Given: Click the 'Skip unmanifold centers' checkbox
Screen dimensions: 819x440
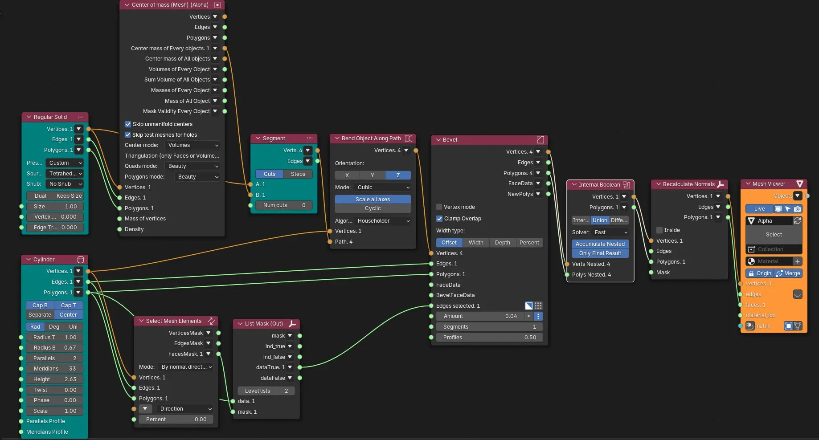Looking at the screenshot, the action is (128, 124).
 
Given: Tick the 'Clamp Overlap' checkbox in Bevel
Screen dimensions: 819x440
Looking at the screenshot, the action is (439, 219).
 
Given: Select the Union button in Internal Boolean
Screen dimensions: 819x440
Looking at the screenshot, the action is (600, 220).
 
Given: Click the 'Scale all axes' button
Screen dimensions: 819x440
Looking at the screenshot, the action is (373, 200).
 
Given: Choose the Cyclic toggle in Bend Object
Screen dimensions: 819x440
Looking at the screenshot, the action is (373, 208).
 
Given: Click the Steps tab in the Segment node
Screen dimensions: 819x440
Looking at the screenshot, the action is (298, 174).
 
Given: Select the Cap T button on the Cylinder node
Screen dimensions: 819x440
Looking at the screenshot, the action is (68, 306).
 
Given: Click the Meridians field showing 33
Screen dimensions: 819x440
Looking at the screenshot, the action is (54, 369).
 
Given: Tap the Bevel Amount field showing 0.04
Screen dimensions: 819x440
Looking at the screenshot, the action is (480, 316).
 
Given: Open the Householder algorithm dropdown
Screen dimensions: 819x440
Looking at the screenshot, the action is (383, 221).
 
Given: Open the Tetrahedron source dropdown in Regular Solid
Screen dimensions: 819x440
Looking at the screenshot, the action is (65, 174).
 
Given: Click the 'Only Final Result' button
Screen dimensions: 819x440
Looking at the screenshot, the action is (600, 253).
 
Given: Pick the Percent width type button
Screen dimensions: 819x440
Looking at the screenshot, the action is (529, 243).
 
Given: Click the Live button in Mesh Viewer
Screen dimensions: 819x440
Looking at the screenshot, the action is (759, 209).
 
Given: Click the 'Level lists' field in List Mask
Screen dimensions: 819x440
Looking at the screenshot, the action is (266, 391).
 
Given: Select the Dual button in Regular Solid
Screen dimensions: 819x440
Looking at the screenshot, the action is (41, 196).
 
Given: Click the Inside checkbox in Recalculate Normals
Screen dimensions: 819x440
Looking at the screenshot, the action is (659, 230).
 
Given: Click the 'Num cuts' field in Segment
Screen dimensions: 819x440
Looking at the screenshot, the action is (284, 205).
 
